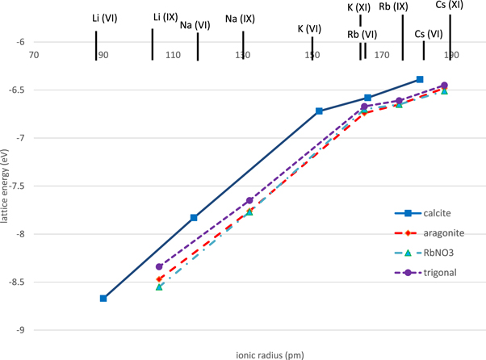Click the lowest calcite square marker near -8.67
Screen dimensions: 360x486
pos(103,299)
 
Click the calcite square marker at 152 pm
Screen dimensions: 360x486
pos(320,111)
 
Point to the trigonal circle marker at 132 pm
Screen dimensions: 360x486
pos(249,200)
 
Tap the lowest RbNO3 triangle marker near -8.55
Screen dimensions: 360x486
pos(159,287)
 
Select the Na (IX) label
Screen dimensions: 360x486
pos(241,18)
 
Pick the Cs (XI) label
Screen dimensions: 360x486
pos(450,5)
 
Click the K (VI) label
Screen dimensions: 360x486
pos(309,29)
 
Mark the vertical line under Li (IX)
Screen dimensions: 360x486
pos(152,44)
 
